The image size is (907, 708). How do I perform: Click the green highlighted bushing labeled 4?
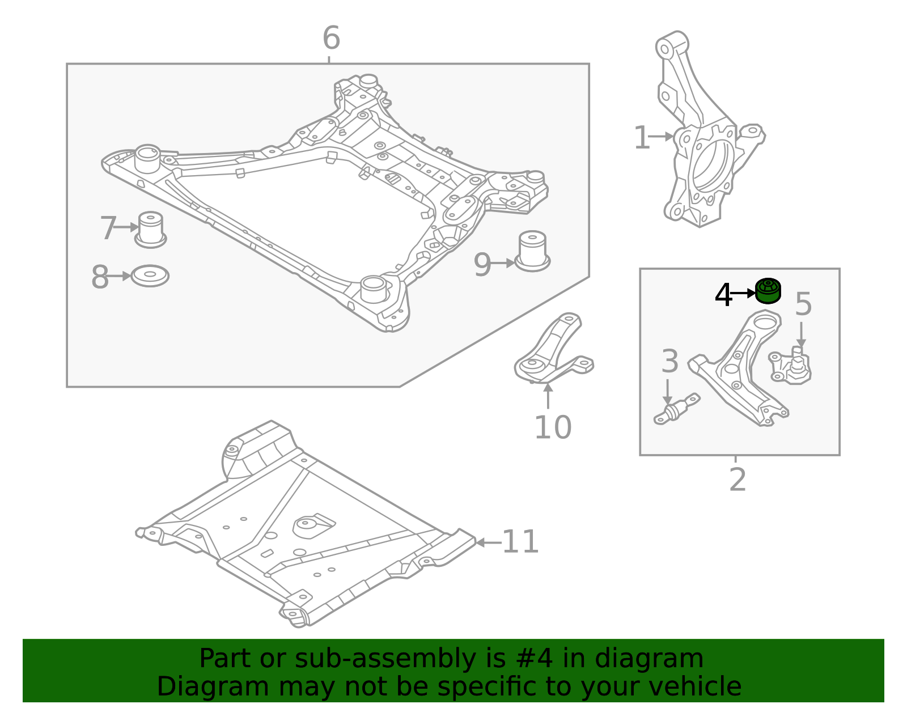(x=768, y=291)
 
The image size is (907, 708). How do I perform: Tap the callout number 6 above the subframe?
(x=331, y=39)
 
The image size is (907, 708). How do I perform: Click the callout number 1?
(x=641, y=138)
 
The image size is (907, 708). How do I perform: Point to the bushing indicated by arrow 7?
(x=151, y=230)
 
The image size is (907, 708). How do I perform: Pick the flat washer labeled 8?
(x=150, y=276)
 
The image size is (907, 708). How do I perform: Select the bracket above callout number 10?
(x=553, y=351)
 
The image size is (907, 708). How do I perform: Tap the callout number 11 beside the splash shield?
(x=520, y=541)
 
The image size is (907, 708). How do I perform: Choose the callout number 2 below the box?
(x=737, y=480)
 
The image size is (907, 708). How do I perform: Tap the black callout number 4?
(x=723, y=295)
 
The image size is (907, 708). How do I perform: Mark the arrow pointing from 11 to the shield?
(x=488, y=542)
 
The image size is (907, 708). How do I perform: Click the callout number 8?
(x=100, y=277)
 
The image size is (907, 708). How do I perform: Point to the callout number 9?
(x=482, y=264)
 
